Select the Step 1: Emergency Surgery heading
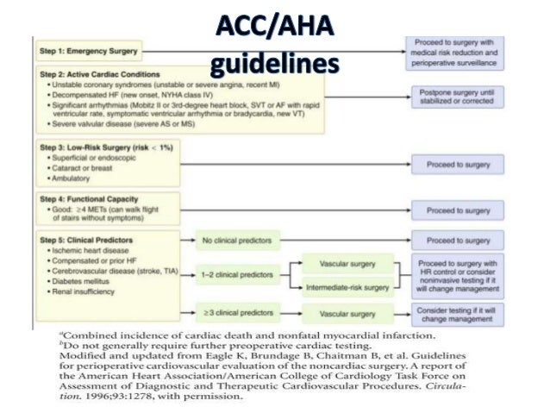88,51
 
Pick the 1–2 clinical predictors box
233,274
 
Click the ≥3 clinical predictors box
234,314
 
